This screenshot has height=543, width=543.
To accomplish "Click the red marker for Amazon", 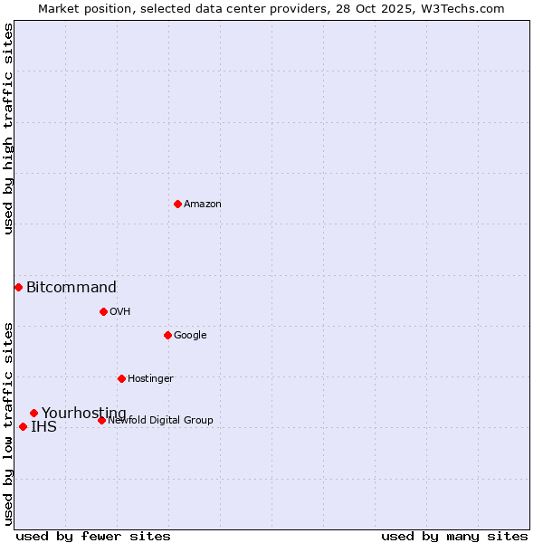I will coord(177,204).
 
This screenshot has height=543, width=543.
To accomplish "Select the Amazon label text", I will coord(203,205).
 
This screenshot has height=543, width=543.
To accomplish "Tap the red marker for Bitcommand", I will coord(18,287).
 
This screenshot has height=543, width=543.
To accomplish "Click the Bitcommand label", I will coord(71,288).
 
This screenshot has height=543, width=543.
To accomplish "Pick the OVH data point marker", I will coord(103,311).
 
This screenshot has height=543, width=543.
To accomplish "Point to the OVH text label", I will coord(120,312).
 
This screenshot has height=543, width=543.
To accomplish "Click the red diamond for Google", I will coord(167,335).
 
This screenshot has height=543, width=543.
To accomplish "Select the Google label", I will coord(190,336).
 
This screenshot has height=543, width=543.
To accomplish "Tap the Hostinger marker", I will coord(121,378).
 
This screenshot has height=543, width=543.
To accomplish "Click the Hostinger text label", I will coord(150,379).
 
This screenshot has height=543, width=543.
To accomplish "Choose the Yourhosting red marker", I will coord(33,413).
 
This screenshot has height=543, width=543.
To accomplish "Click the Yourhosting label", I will coord(84,414).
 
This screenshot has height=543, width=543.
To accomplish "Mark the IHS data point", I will coord(23,426).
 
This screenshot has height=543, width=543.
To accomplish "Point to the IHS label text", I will coord(43,427).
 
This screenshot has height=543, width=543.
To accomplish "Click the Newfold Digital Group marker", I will coord(101,420).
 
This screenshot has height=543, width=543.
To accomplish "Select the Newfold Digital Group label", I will coord(160,421).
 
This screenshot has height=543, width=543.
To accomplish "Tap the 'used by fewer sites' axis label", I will coord(93,537).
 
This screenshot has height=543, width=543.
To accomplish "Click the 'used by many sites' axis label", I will coord(454,537).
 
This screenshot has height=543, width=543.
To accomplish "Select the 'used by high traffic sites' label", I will coord(8,129).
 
